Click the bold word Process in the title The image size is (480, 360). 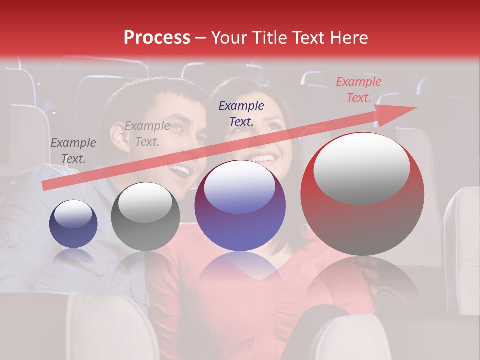click(x=157, y=38)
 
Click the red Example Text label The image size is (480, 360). click(x=358, y=90)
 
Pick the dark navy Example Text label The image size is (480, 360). click(x=241, y=113)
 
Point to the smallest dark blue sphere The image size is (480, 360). click(x=73, y=224)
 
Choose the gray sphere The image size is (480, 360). click(x=145, y=217)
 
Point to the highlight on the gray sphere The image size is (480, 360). click(x=145, y=202)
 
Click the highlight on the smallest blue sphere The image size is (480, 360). click(x=73, y=213)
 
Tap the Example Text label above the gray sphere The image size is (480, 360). click(x=147, y=134)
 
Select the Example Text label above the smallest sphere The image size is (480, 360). click(x=73, y=151)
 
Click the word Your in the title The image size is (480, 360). click(x=228, y=38)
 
